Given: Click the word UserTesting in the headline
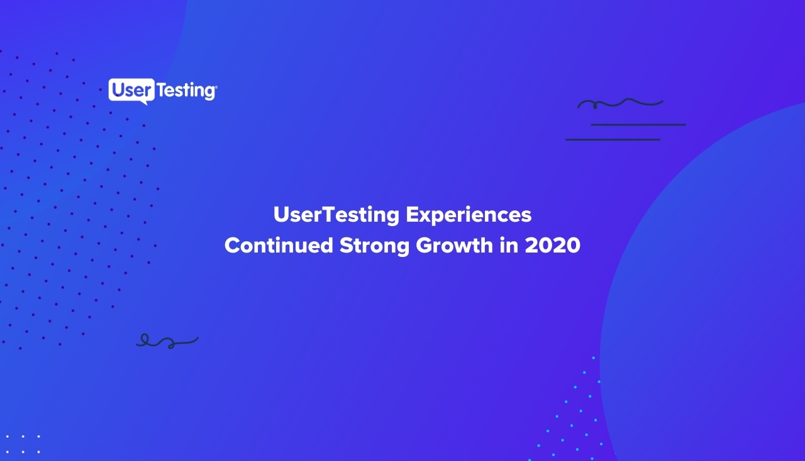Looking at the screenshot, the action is (336, 215).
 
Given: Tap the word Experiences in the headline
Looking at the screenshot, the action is (469, 215).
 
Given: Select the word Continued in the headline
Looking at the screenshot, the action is (279, 246).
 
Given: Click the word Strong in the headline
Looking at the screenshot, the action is (374, 246).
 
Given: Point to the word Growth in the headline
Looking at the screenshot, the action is (455, 246).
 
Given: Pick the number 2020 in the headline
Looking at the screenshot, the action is (553, 246).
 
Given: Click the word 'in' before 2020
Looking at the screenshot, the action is (509, 246).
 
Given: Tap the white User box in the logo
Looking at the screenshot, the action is (131, 89).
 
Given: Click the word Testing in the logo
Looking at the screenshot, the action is (186, 91).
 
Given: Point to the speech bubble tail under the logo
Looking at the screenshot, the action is (144, 103).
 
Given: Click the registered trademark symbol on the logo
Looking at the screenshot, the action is (216, 86).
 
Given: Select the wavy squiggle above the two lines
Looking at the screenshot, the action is (620, 103).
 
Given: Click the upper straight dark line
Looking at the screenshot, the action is (638, 125).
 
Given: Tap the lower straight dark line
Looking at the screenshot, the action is (613, 140).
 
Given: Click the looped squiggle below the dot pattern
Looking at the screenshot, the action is (167, 341).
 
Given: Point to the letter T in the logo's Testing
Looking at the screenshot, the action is (162, 90).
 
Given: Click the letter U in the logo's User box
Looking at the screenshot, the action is (118, 89).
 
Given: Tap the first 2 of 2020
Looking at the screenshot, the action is (532, 246).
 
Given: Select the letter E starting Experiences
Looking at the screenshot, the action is (412, 215).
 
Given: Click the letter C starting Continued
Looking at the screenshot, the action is (233, 246).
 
